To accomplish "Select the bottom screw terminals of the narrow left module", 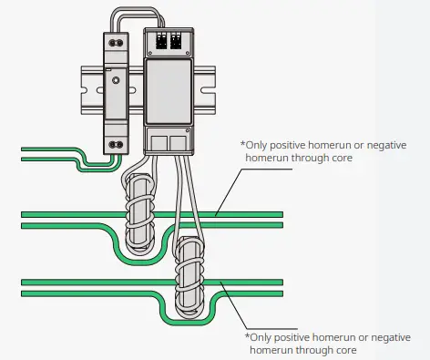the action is [x=115, y=143].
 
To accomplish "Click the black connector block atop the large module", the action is [x=169, y=41].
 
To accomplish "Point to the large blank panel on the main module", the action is [x=169, y=95].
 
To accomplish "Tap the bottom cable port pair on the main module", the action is [x=169, y=141].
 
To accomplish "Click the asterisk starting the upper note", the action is [x=242, y=144].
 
